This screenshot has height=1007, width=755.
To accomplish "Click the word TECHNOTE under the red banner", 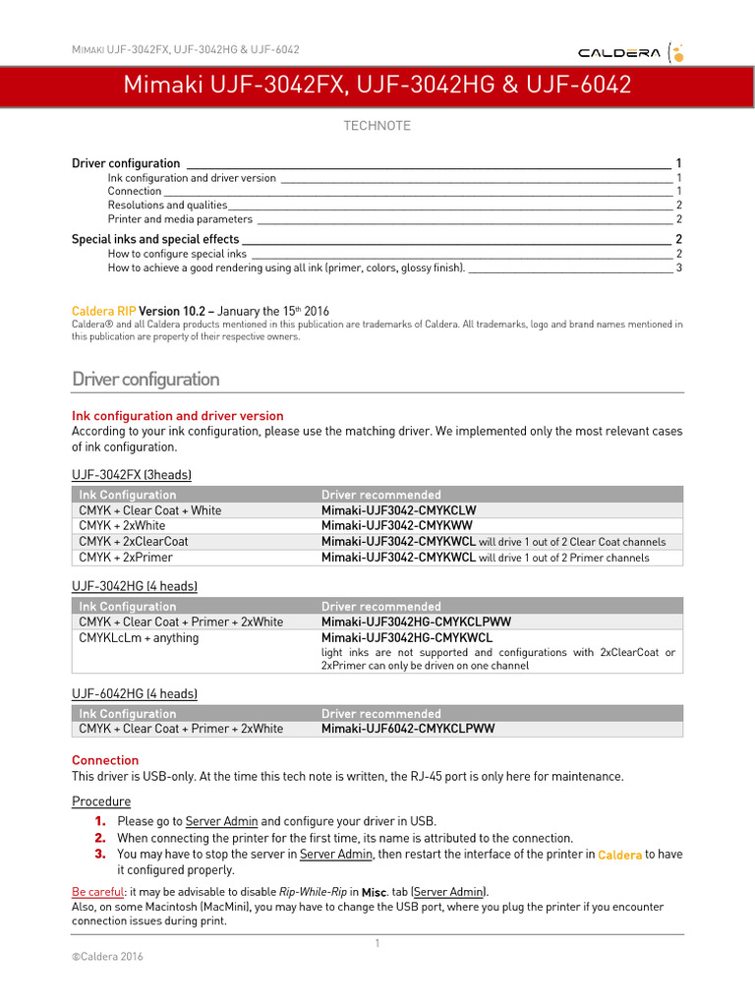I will coord(377,126).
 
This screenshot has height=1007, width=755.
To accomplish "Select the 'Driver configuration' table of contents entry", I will coord(126,163).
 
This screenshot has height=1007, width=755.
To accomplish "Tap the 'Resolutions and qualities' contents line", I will coord(167,205).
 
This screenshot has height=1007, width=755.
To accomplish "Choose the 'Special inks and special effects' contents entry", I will coord(155,239).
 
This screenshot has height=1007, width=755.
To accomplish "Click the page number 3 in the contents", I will coord(678,267).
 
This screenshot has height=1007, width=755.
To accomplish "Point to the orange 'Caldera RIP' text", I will coord(103,311).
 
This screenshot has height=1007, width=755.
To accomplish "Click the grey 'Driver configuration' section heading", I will coord(145,379).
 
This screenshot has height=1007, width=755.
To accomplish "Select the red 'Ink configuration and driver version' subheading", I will coord(177,416).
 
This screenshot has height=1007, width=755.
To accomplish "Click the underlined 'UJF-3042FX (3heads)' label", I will coord(132,475).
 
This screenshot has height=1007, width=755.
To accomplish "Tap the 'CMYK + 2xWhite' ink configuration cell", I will coord(122,526).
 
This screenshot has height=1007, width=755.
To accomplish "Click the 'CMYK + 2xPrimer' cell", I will coord(125,558).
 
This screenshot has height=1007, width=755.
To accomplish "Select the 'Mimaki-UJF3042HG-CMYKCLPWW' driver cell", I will coord(416,622).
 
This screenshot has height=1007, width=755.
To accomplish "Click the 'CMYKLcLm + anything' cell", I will coord(139,637).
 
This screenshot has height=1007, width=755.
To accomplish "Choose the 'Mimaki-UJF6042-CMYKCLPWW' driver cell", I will coord(408,729).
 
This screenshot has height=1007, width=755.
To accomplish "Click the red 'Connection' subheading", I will coord(105,760).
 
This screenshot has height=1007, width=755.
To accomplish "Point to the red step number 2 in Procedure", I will coord(100,837).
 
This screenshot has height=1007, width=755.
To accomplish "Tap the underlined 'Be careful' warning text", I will coord(97,891).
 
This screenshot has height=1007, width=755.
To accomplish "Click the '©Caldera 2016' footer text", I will coord(106,955).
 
